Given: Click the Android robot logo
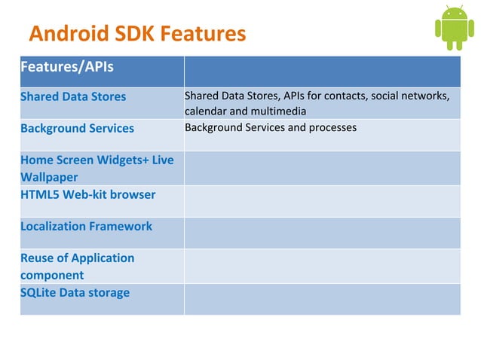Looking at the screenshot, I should [x=454, y=28].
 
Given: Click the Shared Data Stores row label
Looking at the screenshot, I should [x=73, y=96].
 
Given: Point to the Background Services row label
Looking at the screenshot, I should [x=77, y=128].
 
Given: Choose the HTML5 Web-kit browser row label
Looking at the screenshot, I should [x=87, y=194].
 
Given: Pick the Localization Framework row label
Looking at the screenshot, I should [x=86, y=226].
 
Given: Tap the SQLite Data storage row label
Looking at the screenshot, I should [x=75, y=292].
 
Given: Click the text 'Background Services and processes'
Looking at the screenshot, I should [x=270, y=127].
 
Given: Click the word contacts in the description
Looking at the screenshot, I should [x=345, y=96].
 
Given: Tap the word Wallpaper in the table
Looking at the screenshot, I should [x=51, y=178].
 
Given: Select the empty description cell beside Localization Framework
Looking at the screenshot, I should [x=322, y=233].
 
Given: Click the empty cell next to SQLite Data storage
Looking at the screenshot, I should [x=322, y=299].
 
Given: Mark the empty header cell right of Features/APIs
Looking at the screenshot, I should [x=322, y=72].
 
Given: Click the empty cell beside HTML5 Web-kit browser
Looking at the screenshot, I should [x=322, y=200].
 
